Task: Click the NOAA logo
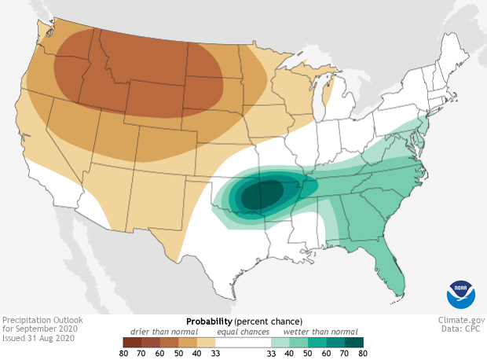pos(460,293)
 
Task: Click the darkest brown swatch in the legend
pos(131,342)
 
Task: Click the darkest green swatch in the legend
pos(353,342)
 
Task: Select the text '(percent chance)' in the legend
pos(271,321)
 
